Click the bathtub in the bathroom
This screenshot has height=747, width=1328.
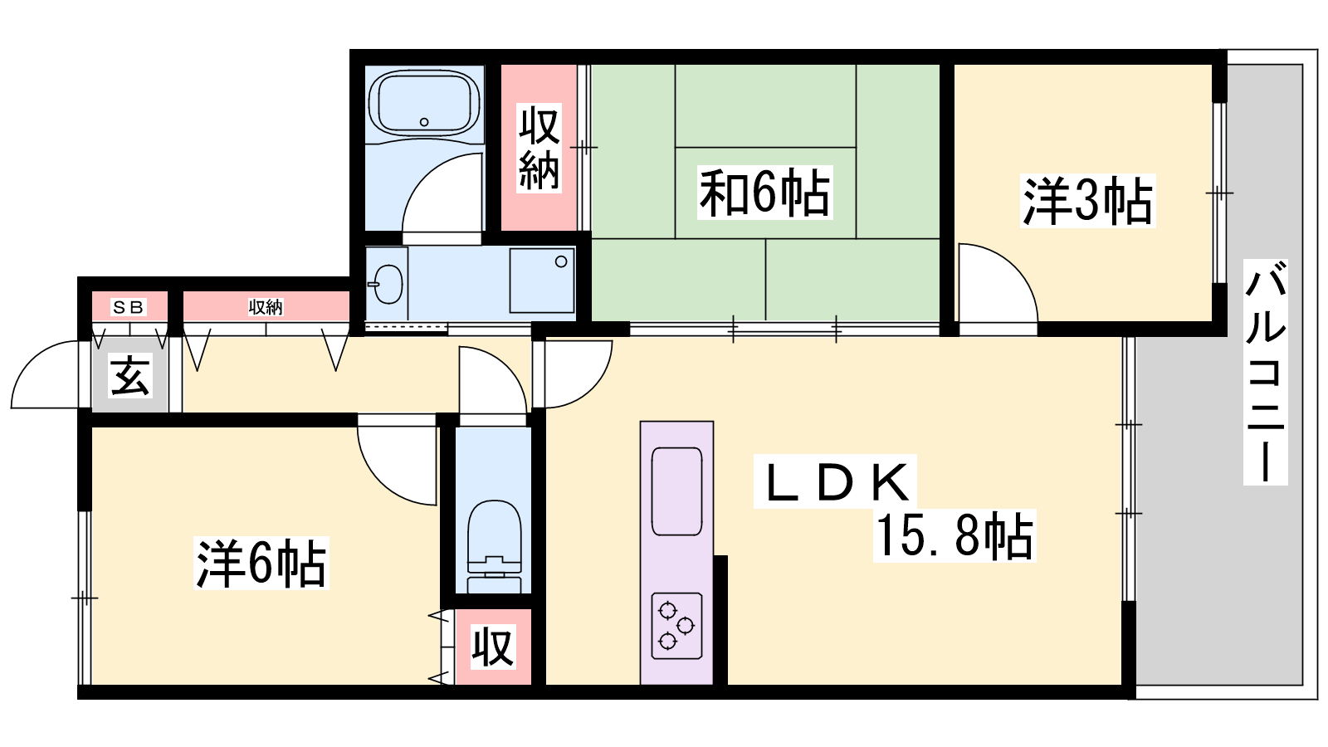424,104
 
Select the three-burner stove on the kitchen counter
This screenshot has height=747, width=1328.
676,626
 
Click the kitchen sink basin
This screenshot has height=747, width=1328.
676,491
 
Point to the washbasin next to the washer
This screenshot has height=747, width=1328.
388,284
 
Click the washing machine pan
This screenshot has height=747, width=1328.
542,281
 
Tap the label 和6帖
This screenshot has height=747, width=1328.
764,193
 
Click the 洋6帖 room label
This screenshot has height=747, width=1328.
261,563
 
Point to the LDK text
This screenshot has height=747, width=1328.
836,482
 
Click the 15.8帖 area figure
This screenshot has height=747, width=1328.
954,535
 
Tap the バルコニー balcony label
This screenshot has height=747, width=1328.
1265,373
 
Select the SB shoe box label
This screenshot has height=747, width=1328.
128,307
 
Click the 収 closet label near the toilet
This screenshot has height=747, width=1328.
492,648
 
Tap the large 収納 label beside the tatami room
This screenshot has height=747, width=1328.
539,149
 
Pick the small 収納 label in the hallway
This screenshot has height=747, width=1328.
266,307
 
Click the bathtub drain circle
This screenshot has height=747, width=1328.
424,122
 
